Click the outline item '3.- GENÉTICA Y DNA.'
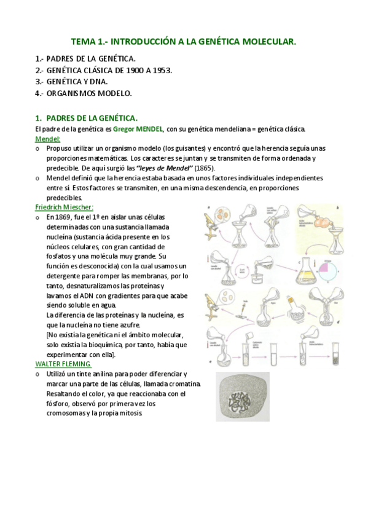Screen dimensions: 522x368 tap(71, 81)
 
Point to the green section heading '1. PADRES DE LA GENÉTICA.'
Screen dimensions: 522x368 tap(86, 117)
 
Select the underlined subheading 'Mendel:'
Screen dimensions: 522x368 tap(47, 139)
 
